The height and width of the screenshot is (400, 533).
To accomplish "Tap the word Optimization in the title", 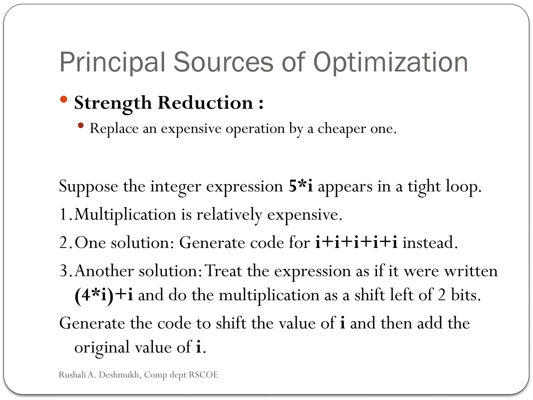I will (x=390, y=63).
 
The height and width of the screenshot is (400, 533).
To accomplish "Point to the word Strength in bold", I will (x=113, y=103).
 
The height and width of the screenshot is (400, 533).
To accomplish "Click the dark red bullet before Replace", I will (x=81, y=126).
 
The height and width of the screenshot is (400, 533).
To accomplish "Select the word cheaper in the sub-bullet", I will (x=342, y=129).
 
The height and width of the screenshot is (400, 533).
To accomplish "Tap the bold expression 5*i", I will (x=301, y=186).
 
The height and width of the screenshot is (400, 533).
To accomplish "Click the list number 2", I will (x=64, y=243).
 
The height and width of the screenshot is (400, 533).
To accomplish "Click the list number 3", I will (x=64, y=271).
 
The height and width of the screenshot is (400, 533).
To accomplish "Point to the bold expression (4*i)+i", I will (x=104, y=295).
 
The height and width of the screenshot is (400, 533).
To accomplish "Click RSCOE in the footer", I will (x=204, y=375).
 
